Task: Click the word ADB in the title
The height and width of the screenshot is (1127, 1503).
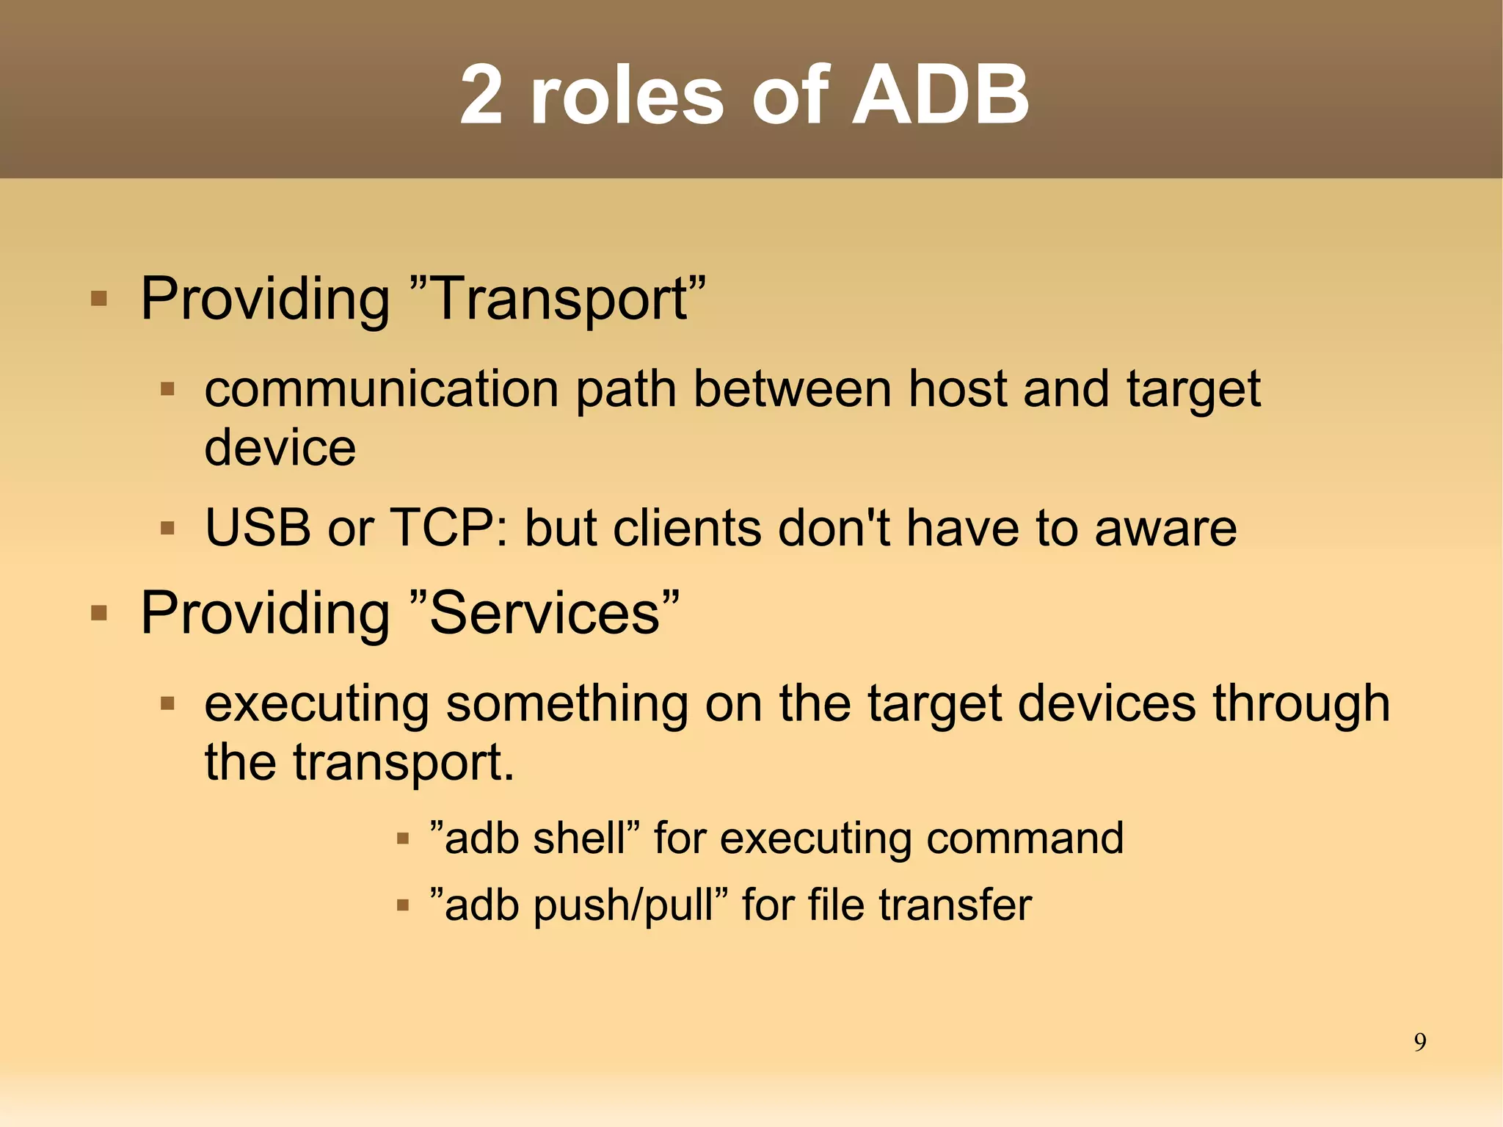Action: pos(940,95)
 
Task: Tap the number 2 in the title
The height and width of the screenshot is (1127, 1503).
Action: pos(482,95)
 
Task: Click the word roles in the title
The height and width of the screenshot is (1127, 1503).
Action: pos(627,95)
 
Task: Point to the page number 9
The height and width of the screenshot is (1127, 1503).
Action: pos(1419,1043)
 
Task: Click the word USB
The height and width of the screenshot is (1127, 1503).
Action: pos(257,528)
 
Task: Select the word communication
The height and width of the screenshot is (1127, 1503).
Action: pos(382,389)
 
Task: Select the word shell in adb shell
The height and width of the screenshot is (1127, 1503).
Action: pos(579,838)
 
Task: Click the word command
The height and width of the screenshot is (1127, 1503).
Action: pos(1025,838)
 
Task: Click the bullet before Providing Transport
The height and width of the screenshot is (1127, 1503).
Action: pos(99,300)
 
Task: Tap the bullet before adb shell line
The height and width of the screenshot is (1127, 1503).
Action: pos(402,839)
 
